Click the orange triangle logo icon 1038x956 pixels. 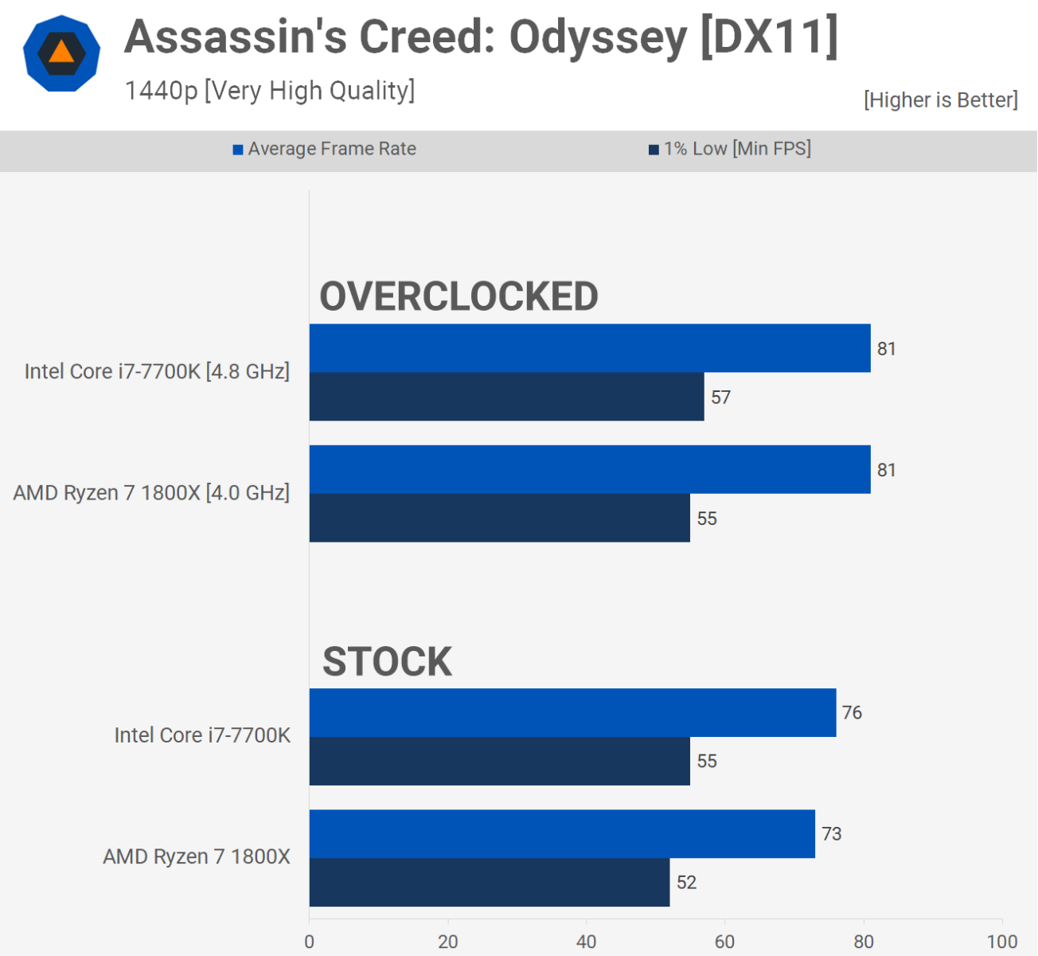click(x=61, y=53)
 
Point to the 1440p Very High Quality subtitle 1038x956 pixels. click(x=269, y=91)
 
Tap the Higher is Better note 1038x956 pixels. click(x=940, y=100)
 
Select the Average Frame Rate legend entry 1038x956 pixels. click(x=325, y=149)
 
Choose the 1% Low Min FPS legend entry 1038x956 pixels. click(x=730, y=149)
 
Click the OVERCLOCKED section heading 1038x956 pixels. click(x=459, y=296)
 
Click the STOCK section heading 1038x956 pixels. click(x=387, y=661)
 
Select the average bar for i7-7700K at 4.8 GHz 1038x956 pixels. click(x=589, y=348)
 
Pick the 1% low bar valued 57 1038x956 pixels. click(x=506, y=397)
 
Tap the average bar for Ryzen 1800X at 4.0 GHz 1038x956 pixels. click(x=589, y=469)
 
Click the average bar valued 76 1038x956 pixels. click(x=572, y=712)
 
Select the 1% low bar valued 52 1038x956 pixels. click(x=489, y=882)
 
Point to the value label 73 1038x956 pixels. click(x=831, y=834)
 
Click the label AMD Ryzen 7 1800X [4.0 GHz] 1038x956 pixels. click(x=151, y=493)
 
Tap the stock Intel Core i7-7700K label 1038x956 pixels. click(x=202, y=735)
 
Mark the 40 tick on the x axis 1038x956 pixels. click(x=587, y=942)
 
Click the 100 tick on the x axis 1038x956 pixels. click(x=1001, y=942)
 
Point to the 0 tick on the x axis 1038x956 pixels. click(x=310, y=942)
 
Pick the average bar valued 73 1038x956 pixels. click(x=562, y=834)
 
